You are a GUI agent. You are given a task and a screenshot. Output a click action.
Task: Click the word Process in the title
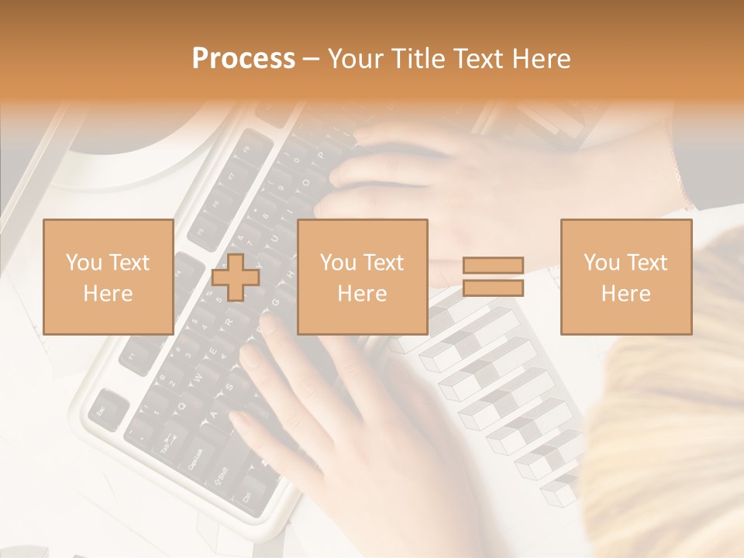[x=243, y=59]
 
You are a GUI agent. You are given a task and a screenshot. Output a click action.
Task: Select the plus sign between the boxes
[x=236, y=277]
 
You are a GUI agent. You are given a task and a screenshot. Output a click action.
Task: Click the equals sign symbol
[x=493, y=277]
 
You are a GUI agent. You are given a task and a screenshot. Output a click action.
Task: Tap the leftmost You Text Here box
[x=108, y=277]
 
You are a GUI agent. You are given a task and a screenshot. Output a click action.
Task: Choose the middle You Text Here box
[x=362, y=277]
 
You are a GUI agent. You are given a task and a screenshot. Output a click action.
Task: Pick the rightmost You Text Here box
[x=625, y=277]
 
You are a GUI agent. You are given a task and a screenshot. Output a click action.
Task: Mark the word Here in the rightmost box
[x=625, y=293]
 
